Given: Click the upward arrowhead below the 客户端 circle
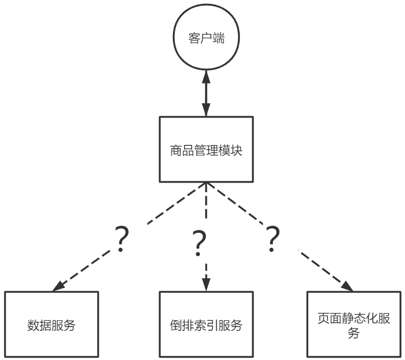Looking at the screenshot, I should (x=206, y=74).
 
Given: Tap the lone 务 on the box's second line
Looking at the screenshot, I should (x=353, y=333).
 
